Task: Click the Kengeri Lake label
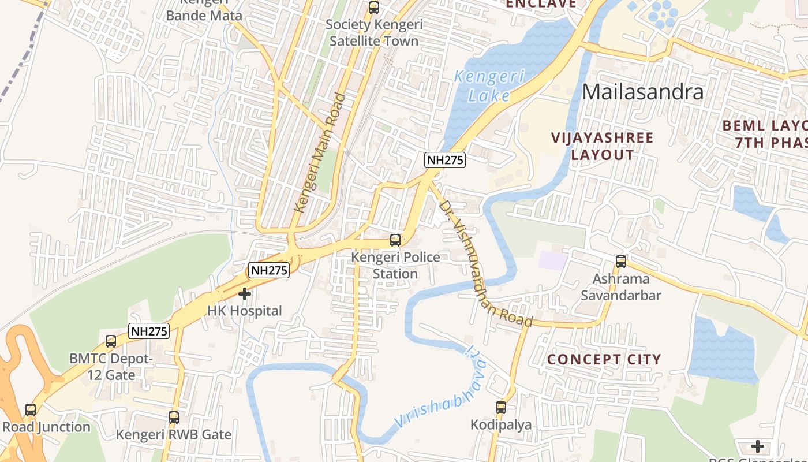489,85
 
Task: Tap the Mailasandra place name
643,92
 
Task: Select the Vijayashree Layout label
603,146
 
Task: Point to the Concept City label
604,359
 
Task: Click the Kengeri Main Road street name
320,153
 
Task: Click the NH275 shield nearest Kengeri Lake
445,160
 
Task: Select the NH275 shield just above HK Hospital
269,270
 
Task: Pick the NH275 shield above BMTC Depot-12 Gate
149,331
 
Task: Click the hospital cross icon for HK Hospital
245,294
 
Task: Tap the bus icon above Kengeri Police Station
395,240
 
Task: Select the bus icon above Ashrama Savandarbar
621,262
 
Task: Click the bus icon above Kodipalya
501,408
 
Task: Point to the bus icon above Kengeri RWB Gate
174,418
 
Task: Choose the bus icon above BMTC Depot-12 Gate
111,341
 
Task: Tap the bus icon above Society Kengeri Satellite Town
374,8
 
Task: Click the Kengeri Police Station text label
395,265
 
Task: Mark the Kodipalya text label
501,425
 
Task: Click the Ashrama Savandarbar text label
621,287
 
